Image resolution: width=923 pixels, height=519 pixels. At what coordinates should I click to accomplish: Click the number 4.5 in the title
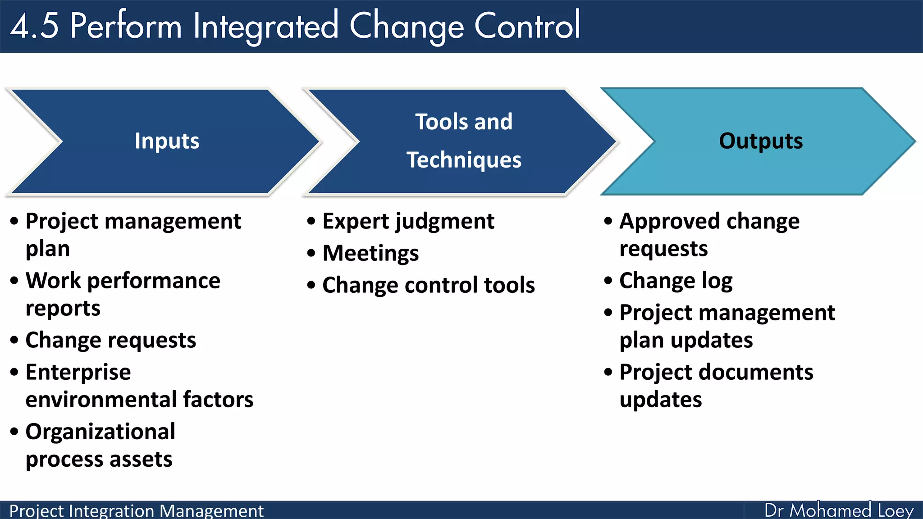[34, 26]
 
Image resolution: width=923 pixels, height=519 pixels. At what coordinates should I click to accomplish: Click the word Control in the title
[527, 26]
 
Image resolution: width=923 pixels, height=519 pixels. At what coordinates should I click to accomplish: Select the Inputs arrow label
[167, 141]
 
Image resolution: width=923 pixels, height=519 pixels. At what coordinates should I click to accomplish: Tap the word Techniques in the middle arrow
[464, 160]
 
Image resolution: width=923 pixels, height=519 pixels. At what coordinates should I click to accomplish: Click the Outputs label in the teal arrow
[761, 141]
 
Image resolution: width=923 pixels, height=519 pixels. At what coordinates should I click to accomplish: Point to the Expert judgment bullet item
[408, 221]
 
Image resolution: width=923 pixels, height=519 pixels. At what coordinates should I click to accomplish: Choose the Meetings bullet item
[370, 253]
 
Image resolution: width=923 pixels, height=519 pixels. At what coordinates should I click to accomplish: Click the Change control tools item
[429, 285]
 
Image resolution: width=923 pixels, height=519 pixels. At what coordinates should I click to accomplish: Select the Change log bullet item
[676, 281]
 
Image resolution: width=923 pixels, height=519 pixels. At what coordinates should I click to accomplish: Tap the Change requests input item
[110, 340]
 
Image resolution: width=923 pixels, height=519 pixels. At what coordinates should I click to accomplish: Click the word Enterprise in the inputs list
[78, 373]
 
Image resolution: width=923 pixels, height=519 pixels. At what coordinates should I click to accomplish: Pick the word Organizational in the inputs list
[100, 432]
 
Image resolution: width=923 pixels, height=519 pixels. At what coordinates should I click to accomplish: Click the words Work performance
[123, 281]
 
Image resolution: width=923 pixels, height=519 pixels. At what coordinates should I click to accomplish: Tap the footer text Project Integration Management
[136, 511]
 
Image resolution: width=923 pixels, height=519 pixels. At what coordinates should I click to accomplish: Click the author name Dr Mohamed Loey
[839, 510]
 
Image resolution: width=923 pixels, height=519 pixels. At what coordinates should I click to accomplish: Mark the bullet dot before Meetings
[311, 253]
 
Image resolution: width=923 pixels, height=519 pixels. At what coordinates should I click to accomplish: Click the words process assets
[99, 460]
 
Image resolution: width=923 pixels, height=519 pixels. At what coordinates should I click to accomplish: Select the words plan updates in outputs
[686, 340]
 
